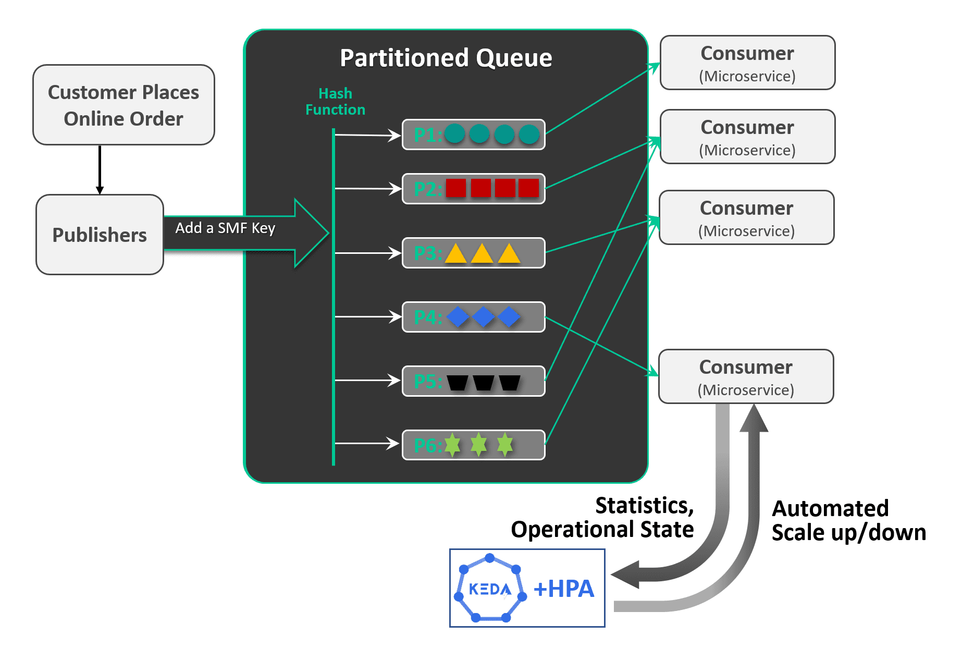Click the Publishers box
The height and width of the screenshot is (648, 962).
tap(100, 235)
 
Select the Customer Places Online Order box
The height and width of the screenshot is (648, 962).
tap(124, 105)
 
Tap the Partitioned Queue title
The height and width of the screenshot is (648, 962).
tap(446, 58)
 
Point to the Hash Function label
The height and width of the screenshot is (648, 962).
tap(335, 102)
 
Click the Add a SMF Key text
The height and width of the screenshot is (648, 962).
tap(225, 228)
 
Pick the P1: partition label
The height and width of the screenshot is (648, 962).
tap(428, 135)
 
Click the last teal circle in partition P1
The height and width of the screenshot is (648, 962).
tap(529, 135)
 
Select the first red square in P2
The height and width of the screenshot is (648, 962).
tap(456, 188)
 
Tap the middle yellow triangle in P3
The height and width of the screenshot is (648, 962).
tap(482, 253)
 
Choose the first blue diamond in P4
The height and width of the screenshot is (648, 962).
tap(458, 317)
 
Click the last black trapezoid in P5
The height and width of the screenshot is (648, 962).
tap(510, 383)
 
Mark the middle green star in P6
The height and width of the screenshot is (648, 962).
tap(478, 445)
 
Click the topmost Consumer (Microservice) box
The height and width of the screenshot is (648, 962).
tap(747, 63)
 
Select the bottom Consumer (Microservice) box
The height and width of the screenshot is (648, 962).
tap(746, 376)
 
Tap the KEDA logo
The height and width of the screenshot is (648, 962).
tap(490, 588)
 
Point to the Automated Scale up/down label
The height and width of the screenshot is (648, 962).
tap(848, 520)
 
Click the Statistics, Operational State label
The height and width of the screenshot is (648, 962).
tap(603, 518)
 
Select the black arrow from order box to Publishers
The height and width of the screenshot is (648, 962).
tap(100, 169)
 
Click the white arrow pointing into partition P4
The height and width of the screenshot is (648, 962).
tap(367, 316)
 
